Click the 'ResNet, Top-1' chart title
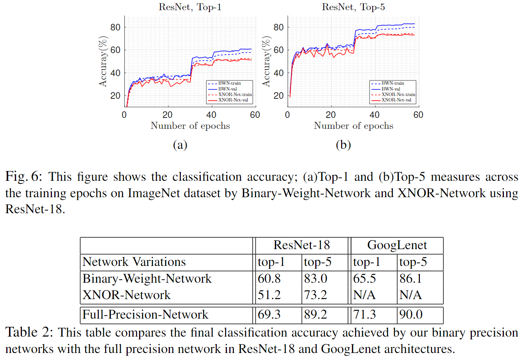coord(190,7)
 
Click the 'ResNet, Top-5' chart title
coord(353,7)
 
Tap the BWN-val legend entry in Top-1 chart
coord(227,89)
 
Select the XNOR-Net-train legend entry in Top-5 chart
coord(398,94)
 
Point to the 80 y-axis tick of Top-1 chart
coord(115,27)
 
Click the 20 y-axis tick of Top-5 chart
coord(278,96)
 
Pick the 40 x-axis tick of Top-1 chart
coord(211,115)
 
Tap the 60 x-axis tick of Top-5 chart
coord(418,115)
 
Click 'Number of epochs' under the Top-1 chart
coord(190,126)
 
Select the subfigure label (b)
coord(343,145)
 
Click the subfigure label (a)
coord(180,145)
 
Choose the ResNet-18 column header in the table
coord(302,245)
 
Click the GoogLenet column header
coord(397,245)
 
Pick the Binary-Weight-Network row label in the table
coord(147,279)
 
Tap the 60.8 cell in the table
coord(269,279)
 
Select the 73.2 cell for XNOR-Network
coord(316,295)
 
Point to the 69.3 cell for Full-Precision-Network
coord(269,315)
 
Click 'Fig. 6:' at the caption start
coord(23,177)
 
